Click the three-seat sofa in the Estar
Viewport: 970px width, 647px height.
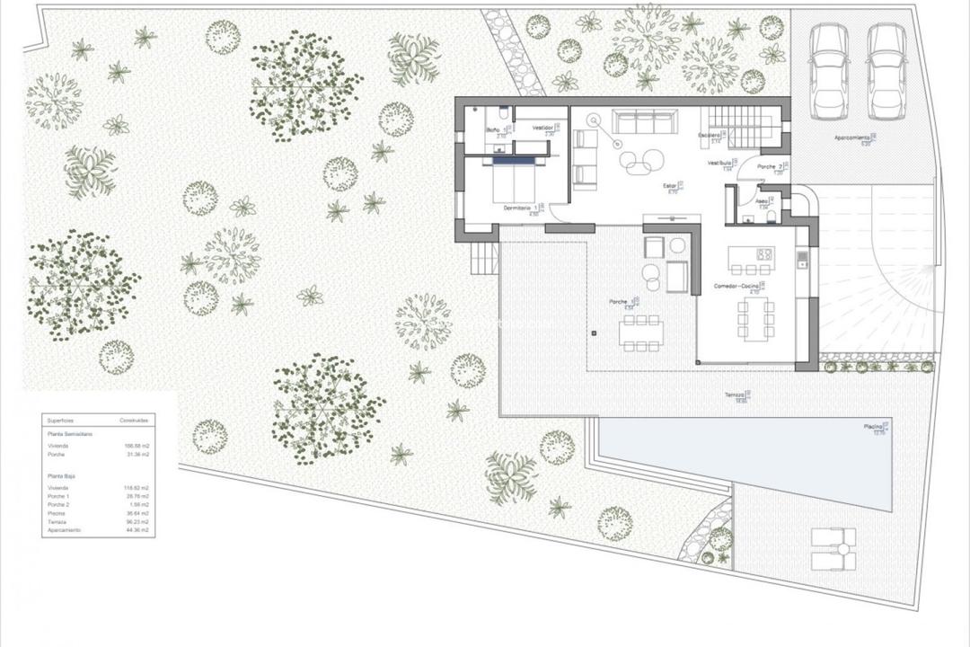coord(645,121)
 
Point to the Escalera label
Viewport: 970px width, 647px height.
coord(710,135)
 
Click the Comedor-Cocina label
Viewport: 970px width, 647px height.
coord(736,287)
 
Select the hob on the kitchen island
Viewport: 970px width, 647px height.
coord(765,254)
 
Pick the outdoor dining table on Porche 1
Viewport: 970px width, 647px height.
coord(639,332)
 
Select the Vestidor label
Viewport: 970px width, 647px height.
coord(542,129)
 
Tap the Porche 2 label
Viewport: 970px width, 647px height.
coord(768,167)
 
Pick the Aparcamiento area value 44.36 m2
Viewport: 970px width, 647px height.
coord(137,530)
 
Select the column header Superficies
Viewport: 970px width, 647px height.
coord(62,420)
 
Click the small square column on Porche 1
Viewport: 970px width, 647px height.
coord(594,334)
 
